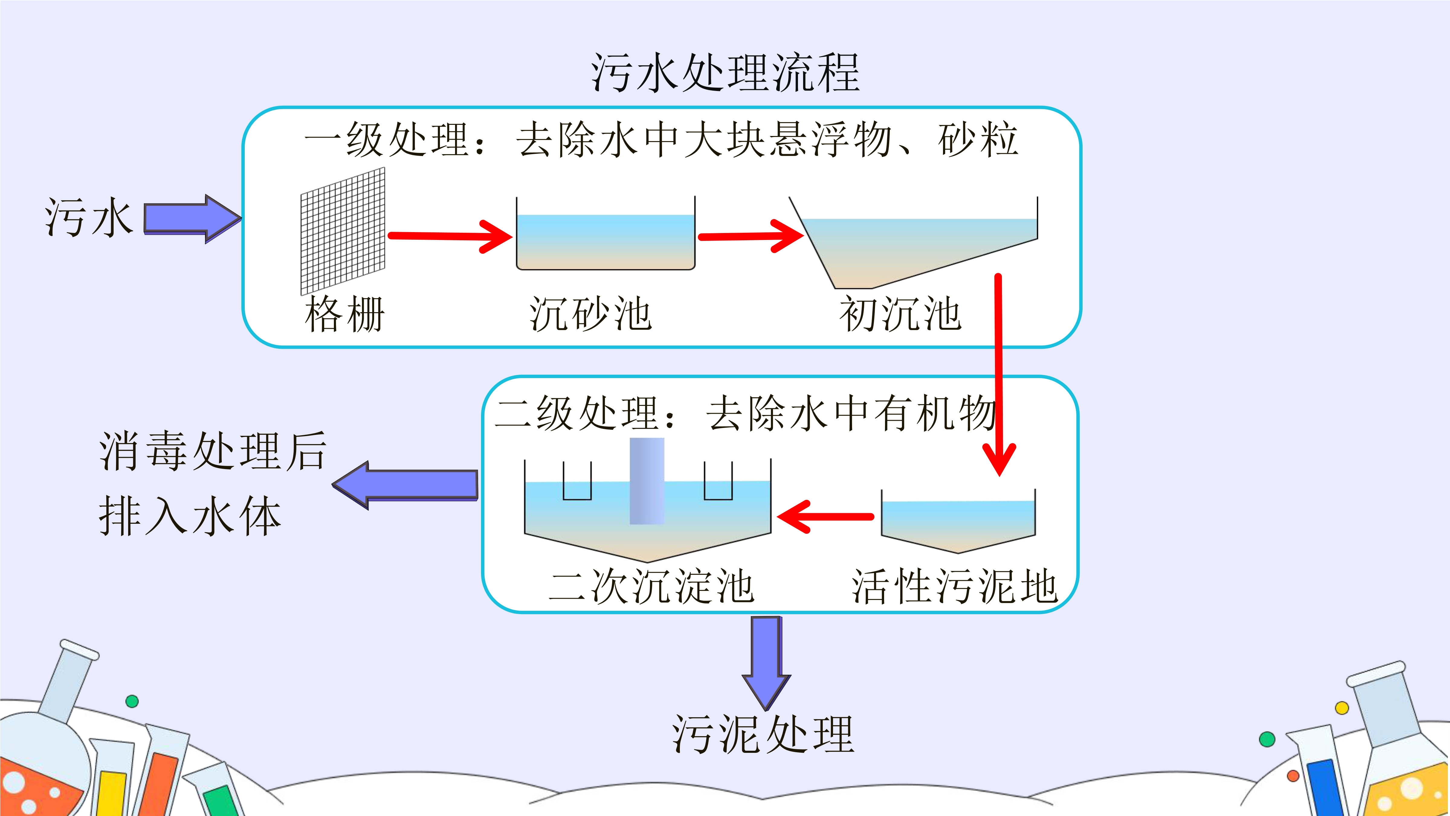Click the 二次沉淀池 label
point(651,586)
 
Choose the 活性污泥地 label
point(955,586)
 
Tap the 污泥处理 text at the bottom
point(763,734)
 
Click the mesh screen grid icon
point(343,231)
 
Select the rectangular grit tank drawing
point(606,233)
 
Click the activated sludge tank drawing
point(958,521)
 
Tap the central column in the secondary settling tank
point(647,481)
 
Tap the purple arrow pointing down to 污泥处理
point(766,663)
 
